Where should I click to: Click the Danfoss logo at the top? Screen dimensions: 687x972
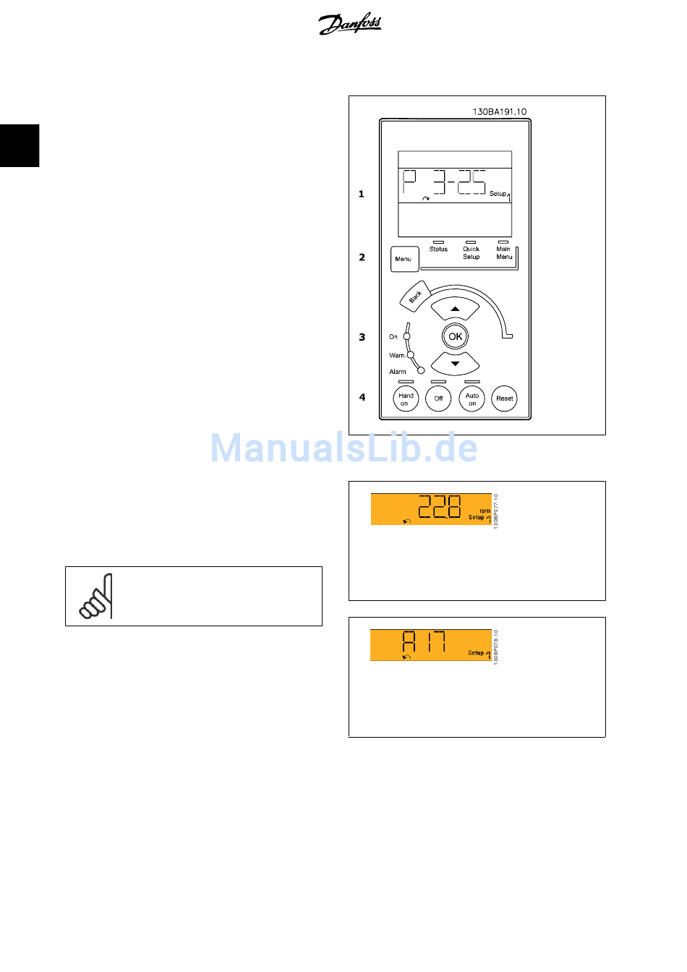click(x=350, y=24)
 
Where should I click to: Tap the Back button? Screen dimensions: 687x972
click(x=415, y=297)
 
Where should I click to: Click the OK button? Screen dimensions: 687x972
click(x=455, y=336)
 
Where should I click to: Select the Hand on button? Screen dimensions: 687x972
click(x=406, y=398)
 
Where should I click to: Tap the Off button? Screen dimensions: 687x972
click(x=438, y=398)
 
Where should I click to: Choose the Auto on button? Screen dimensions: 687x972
click(x=472, y=398)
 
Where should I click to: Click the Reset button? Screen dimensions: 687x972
click(x=505, y=398)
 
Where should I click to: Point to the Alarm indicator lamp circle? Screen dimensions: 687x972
click(x=421, y=370)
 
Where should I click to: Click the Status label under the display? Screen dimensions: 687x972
click(x=438, y=250)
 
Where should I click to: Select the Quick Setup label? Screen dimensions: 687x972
click(x=471, y=252)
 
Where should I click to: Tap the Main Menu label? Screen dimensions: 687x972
click(x=504, y=252)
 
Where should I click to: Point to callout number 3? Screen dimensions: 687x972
click(x=362, y=337)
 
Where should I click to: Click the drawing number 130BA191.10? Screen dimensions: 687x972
click(x=500, y=112)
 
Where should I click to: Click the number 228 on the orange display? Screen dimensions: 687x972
click(x=440, y=507)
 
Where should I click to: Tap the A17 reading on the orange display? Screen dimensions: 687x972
click(x=424, y=642)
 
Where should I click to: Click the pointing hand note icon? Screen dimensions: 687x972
click(x=96, y=597)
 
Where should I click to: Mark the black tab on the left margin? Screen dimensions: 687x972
click(x=20, y=145)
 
